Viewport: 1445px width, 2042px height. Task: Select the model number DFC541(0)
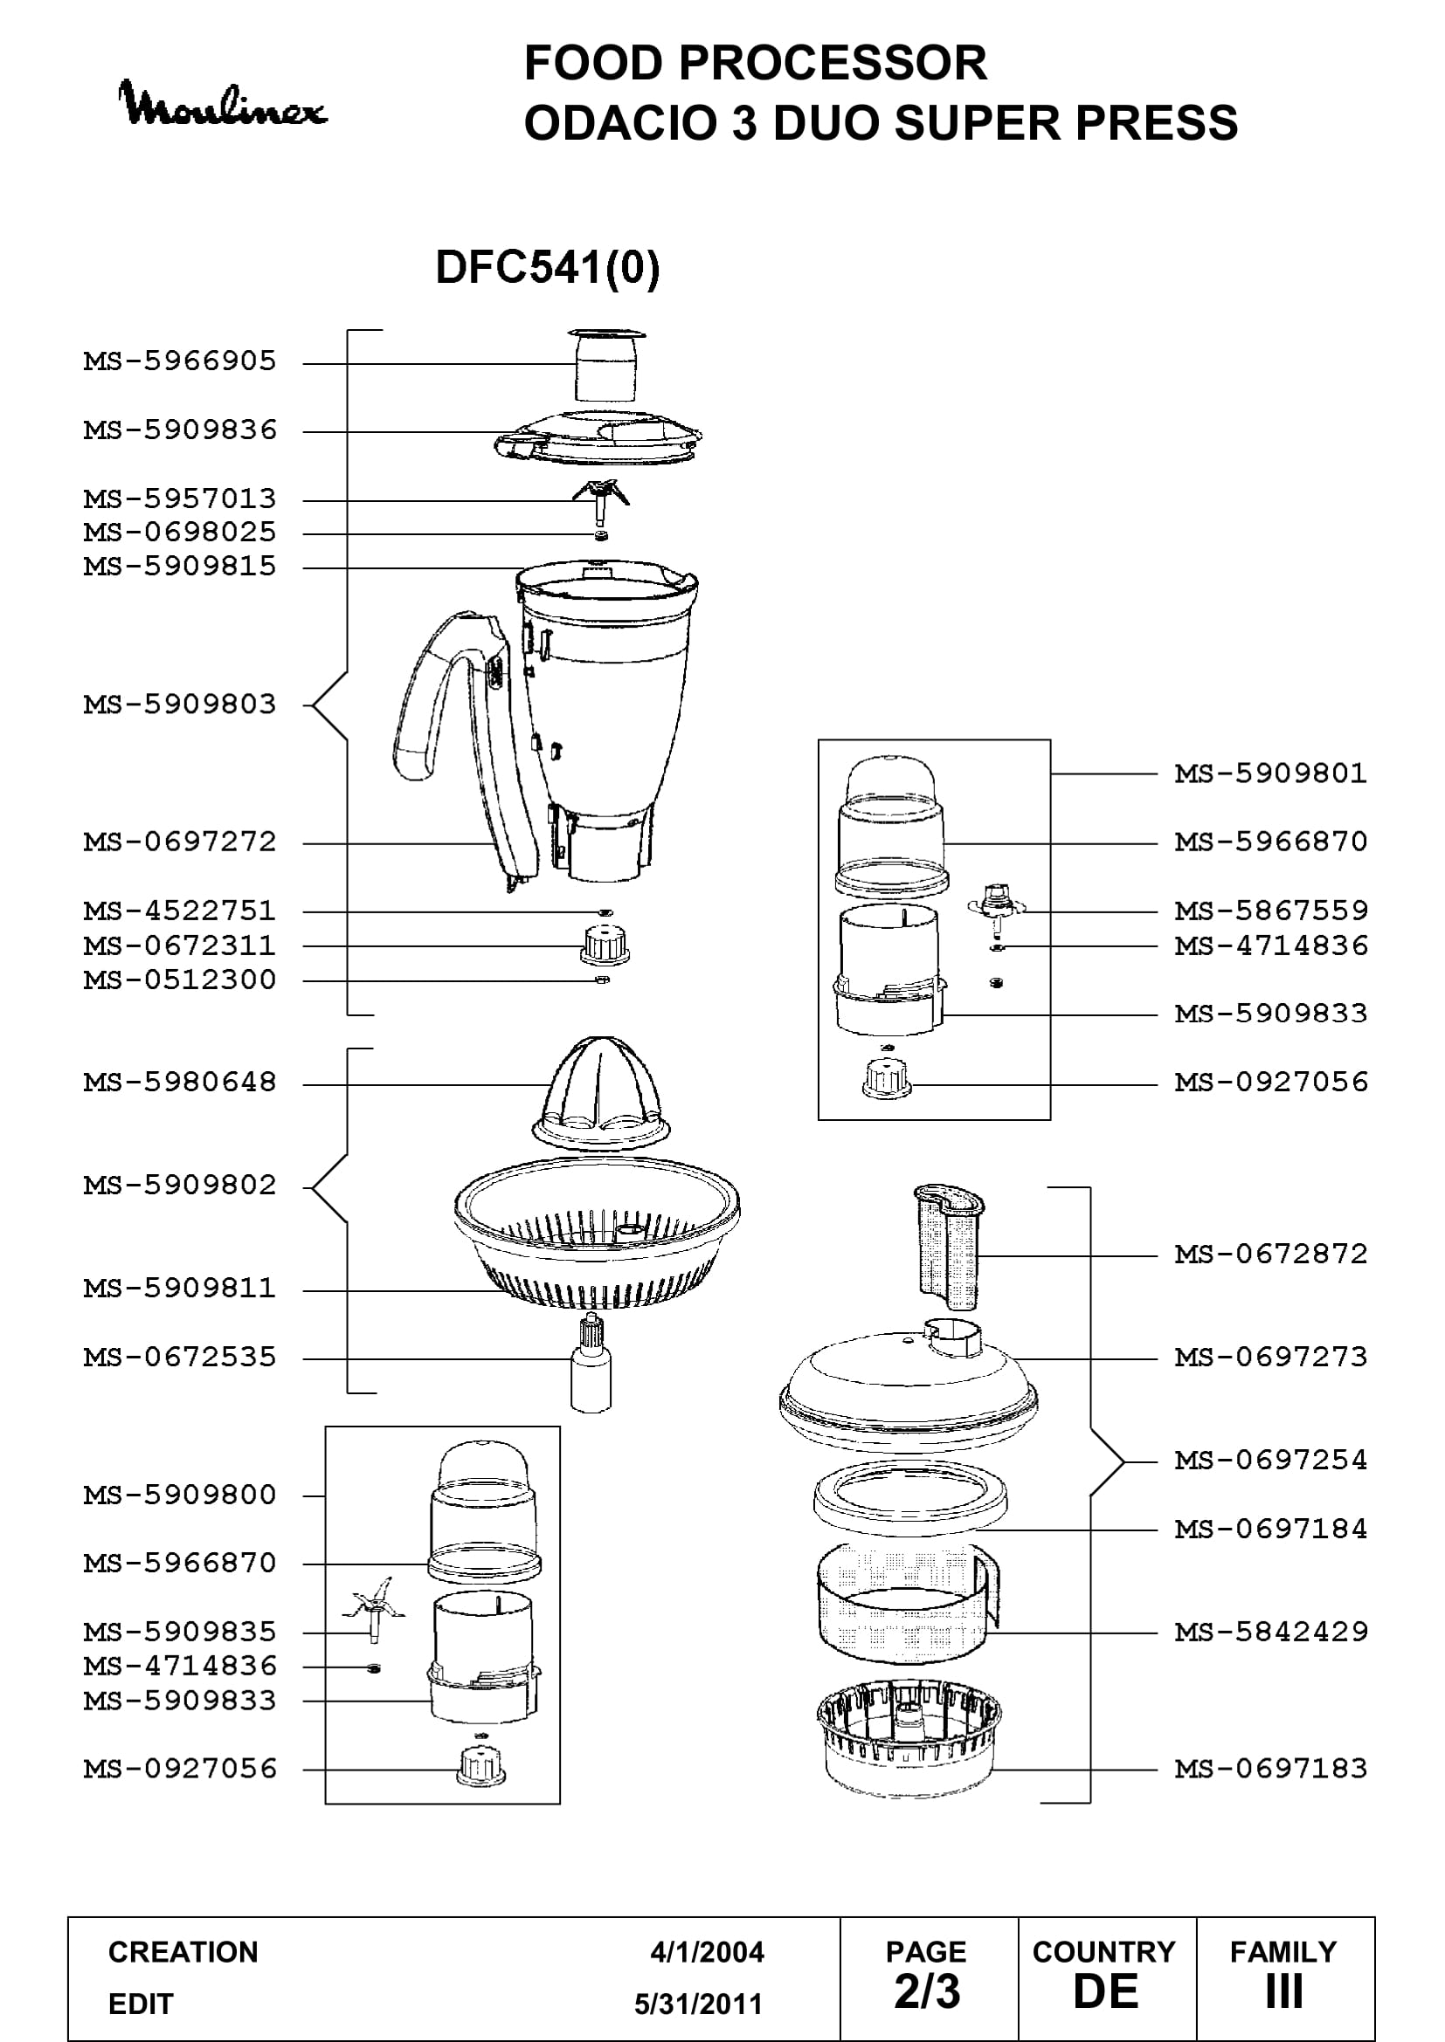tap(547, 267)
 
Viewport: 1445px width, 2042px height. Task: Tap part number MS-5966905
tap(180, 361)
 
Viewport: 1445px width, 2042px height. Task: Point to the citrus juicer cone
tap(600, 1093)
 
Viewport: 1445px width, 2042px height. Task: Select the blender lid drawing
tap(598, 437)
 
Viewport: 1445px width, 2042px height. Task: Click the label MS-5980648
tap(180, 1083)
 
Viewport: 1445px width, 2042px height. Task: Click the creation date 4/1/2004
tap(707, 1952)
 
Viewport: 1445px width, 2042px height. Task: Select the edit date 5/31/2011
tap(699, 2004)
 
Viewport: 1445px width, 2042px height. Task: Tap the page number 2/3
tap(927, 1992)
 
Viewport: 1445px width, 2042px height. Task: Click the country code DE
tap(1106, 1992)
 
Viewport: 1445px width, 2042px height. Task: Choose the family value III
tap(1284, 1992)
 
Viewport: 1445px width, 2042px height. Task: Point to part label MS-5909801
tap(1270, 773)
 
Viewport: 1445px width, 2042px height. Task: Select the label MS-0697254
tap(1270, 1460)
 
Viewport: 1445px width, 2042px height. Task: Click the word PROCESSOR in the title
tap(833, 63)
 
